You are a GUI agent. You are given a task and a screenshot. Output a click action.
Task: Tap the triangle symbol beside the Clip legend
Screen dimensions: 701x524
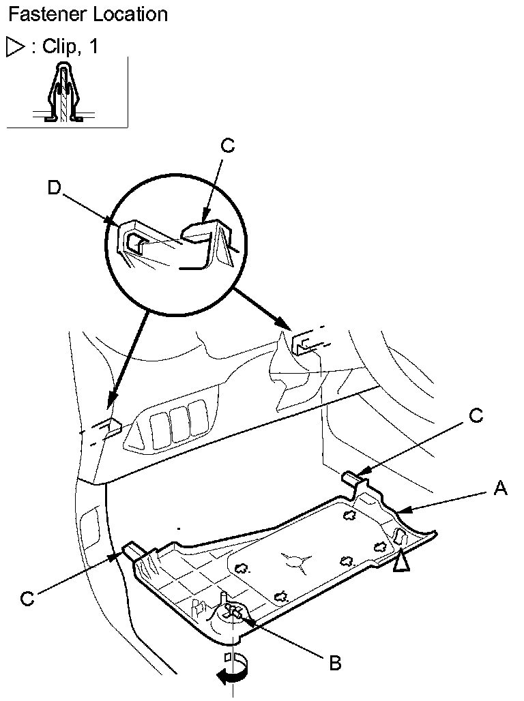tap(14, 46)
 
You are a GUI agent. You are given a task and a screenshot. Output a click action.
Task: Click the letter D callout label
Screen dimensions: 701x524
tap(53, 186)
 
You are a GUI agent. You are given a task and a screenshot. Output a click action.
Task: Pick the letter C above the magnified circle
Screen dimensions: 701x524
tap(228, 145)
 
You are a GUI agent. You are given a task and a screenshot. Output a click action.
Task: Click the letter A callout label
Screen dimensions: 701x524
tap(501, 488)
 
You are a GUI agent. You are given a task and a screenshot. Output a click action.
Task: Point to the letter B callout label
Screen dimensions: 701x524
tap(335, 663)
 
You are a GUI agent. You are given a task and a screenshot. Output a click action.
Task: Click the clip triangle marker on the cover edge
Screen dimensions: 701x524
tap(401, 561)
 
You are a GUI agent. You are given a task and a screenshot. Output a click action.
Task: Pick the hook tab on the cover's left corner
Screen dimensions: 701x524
tap(132, 548)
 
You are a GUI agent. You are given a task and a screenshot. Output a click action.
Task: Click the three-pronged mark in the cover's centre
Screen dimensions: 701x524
tap(294, 559)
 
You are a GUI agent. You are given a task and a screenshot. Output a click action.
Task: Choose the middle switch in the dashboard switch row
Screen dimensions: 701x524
tap(179, 426)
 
